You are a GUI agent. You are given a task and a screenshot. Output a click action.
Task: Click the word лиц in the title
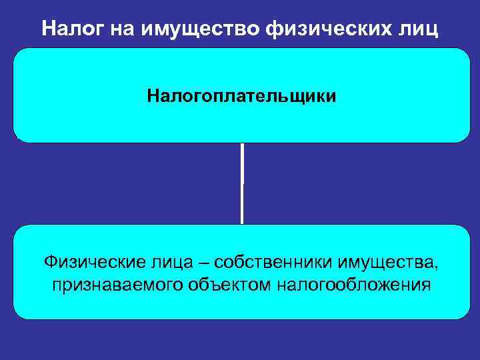(x=419, y=29)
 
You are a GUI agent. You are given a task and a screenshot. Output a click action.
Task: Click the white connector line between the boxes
(x=242, y=183)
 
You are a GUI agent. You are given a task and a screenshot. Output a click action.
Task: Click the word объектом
(x=223, y=285)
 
